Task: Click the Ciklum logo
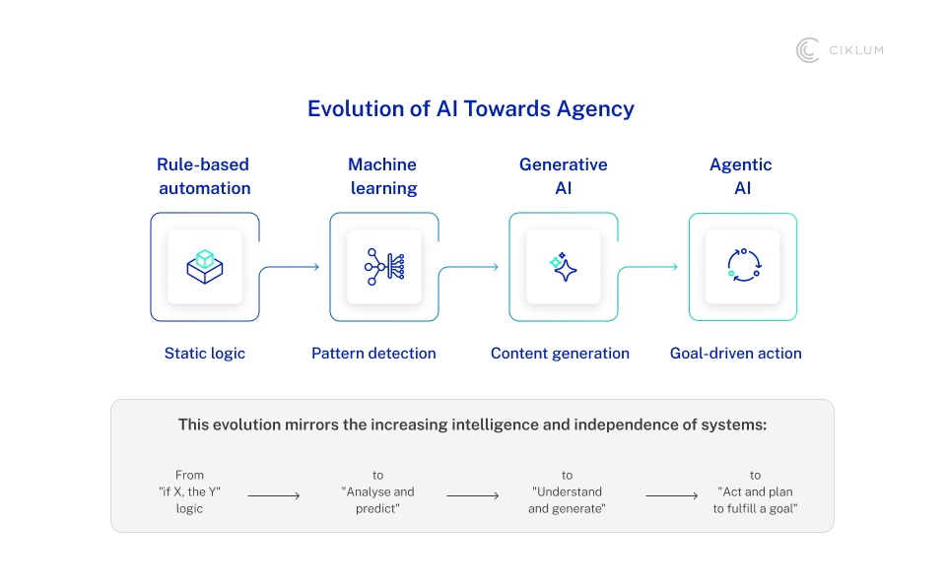(840, 50)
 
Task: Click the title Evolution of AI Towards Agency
(471, 109)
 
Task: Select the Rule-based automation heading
(204, 176)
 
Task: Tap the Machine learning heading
(383, 176)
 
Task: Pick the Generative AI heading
(563, 176)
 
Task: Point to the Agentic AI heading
(741, 176)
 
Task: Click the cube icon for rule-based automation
(205, 267)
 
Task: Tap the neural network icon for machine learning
(384, 267)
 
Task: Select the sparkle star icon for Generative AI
(564, 267)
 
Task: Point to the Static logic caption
(205, 354)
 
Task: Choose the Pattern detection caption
(373, 354)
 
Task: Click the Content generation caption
(560, 354)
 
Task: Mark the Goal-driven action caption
(735, 354)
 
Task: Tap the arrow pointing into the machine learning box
(289, 267)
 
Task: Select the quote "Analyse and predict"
(377, 500)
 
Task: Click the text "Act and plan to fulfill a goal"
(755, 500)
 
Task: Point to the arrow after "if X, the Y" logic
(274, 495)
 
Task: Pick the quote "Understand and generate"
(567, 500)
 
